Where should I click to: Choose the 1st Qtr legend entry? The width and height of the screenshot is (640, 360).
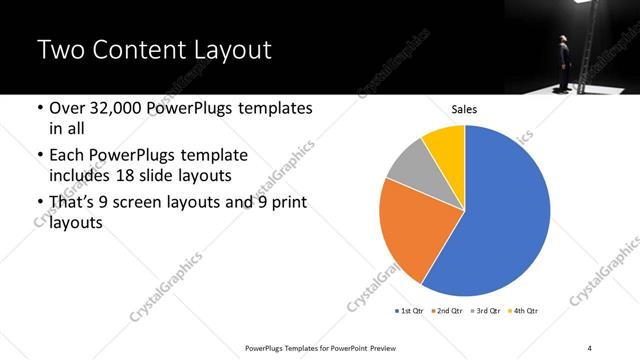point(411,312)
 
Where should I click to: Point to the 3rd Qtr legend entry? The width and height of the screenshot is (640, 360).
point(488,312)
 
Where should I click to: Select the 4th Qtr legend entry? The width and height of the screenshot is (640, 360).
point(526,312)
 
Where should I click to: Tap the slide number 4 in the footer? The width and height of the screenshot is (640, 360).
point(590,347)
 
